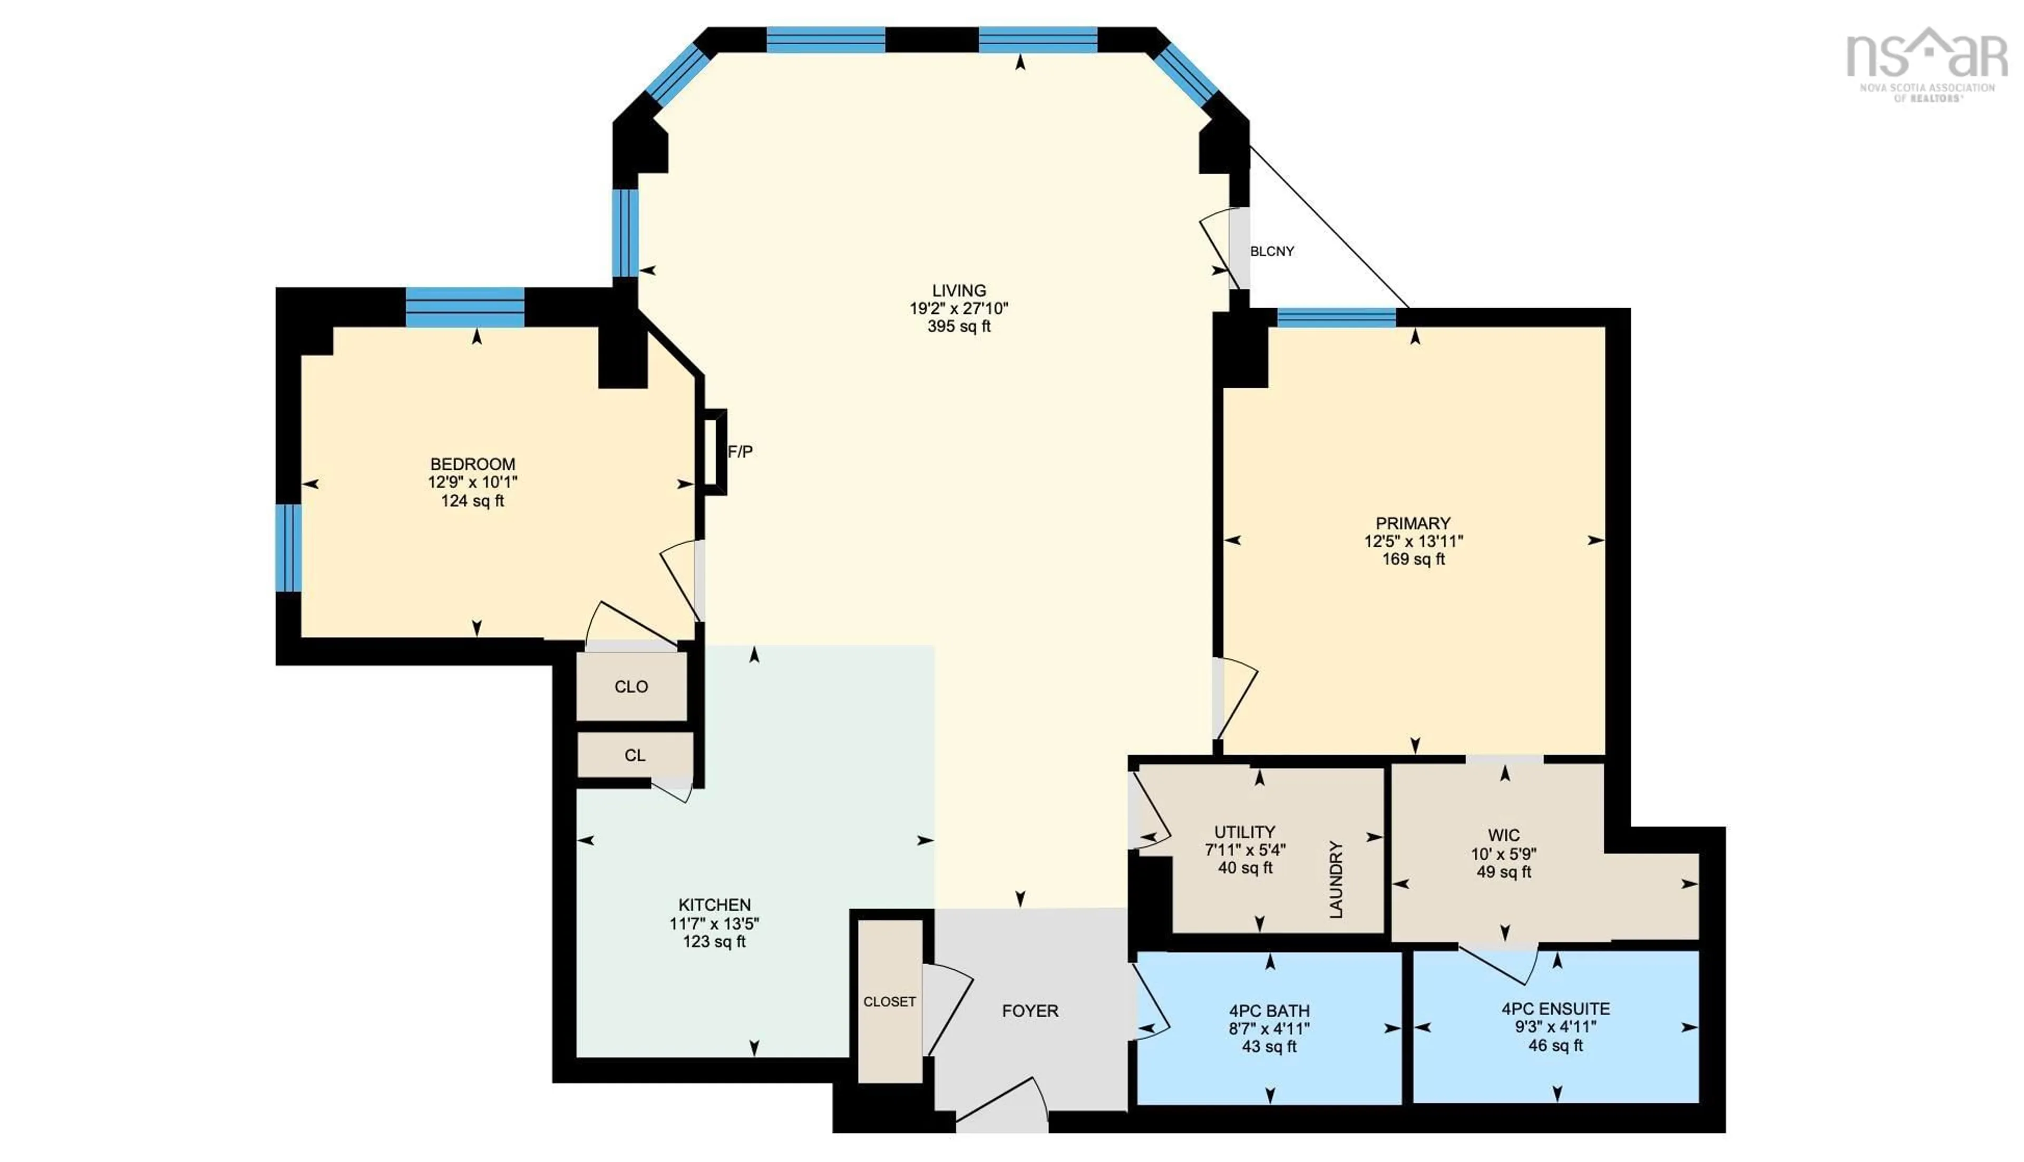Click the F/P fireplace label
739,452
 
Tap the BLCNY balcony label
1271,251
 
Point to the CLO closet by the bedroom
631,686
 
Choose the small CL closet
635,755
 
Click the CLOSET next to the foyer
889,1001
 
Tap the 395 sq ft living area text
958,327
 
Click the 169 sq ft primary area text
1413,559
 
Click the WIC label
1503,835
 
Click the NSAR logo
1926,64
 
